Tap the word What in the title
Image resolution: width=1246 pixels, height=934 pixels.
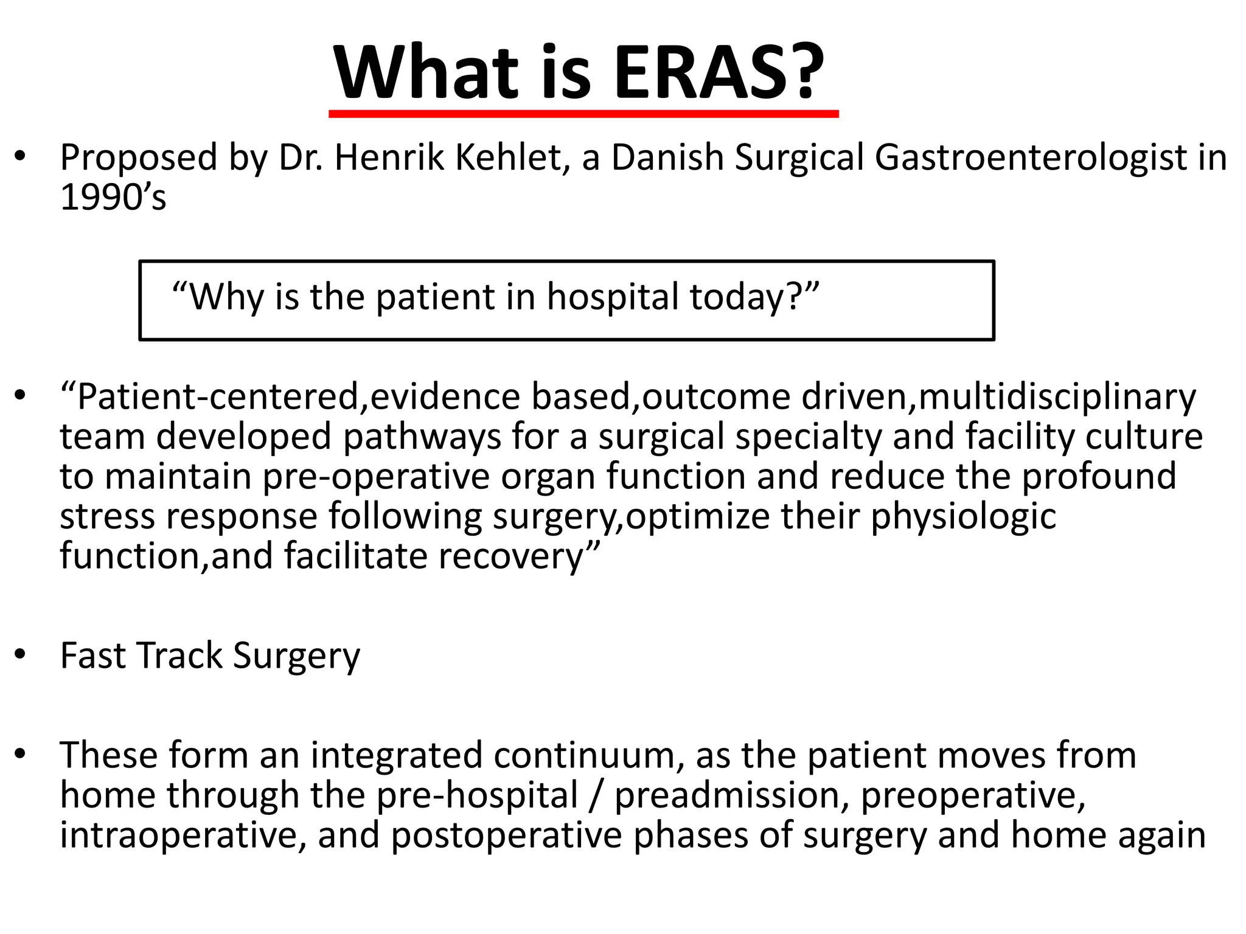pyautogui.click(x=426, y=73)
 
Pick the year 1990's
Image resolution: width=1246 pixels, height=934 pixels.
pyautogui.click(x=113, y=198)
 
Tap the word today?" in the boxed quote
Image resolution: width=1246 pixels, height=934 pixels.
pyautogui.click(x=754, y=297)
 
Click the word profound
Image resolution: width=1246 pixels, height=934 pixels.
pyautogui.click(x=1099, y=477)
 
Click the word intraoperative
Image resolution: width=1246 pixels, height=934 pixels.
pyautogui.click(x=183, y=835)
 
